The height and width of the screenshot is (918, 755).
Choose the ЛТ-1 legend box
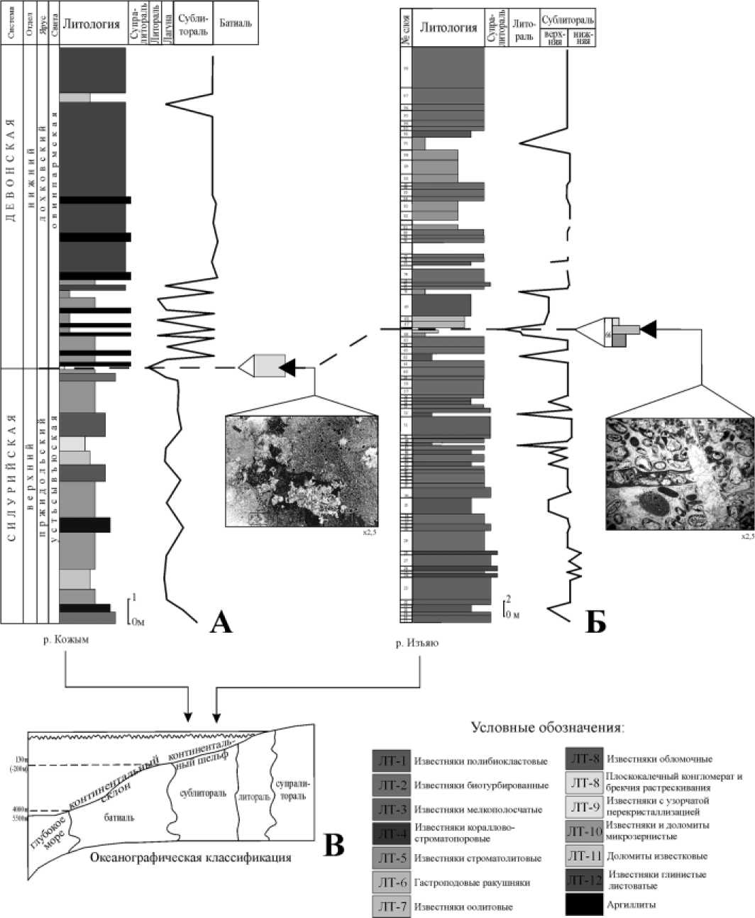coord(392,761)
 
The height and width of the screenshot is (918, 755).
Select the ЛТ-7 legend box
coord(392,906)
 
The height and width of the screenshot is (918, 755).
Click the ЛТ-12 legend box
coord(585,880)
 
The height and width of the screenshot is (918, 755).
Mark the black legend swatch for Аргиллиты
coord(585,904)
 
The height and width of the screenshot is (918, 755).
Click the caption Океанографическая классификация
coord(191,857)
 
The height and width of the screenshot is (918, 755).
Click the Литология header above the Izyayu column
coord(448,28)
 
